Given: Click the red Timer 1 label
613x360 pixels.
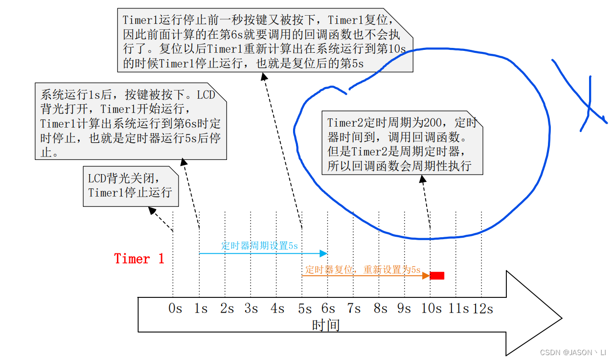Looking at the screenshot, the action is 139,258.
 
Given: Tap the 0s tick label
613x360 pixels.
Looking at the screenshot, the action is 175,309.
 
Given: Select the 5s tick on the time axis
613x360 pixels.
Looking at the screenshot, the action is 304,309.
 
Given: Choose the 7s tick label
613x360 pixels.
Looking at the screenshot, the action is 354,309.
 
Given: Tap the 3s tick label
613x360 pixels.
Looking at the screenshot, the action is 251,309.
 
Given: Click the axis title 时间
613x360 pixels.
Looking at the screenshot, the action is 326,325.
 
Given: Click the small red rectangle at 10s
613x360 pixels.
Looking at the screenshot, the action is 437,275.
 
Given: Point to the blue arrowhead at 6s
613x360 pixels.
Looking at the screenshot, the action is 323,253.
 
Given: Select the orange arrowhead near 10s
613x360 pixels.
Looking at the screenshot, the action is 426,275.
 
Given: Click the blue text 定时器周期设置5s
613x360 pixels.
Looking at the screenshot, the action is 259,246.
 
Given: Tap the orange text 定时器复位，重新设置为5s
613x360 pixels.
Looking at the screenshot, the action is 363,270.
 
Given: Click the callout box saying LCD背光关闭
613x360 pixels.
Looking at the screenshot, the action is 130,186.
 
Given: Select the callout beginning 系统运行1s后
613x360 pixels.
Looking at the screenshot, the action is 131,122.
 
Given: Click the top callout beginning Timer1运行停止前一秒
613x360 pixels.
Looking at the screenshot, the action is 265,41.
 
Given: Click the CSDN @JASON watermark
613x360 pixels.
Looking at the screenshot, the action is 573,352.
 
